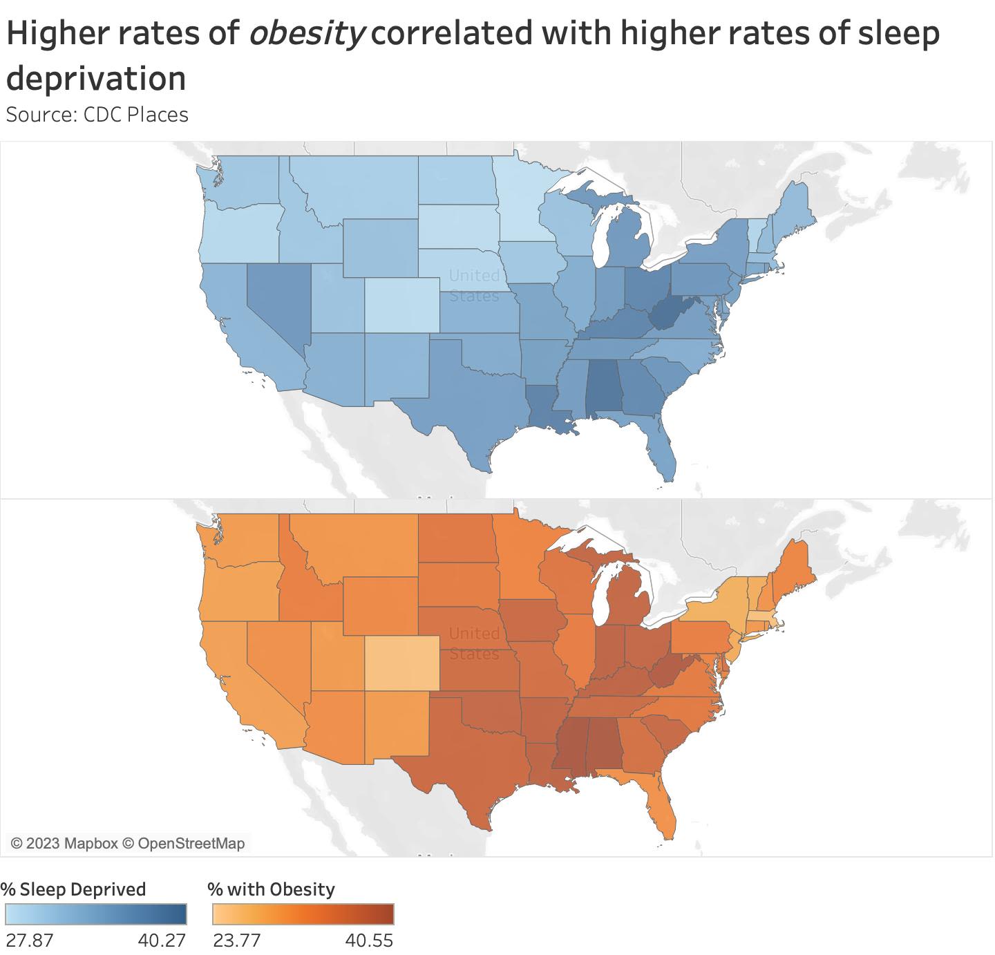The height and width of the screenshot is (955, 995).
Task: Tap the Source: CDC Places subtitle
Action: pos(97,114)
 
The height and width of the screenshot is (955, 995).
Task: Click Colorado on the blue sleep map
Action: pos(401,305)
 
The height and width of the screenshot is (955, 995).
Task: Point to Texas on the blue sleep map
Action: pos(470,401)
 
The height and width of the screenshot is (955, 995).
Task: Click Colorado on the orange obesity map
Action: pos(401,663)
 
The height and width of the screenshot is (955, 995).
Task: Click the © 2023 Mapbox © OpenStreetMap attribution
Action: pos(128,843)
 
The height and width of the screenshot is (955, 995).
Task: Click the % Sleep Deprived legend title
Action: pos(74,889)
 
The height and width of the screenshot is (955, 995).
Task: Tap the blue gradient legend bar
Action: pos(95,914)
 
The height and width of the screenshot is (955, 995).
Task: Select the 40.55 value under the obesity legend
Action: pos(370,940)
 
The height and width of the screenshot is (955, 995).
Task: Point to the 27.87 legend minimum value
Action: pos(28,940)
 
